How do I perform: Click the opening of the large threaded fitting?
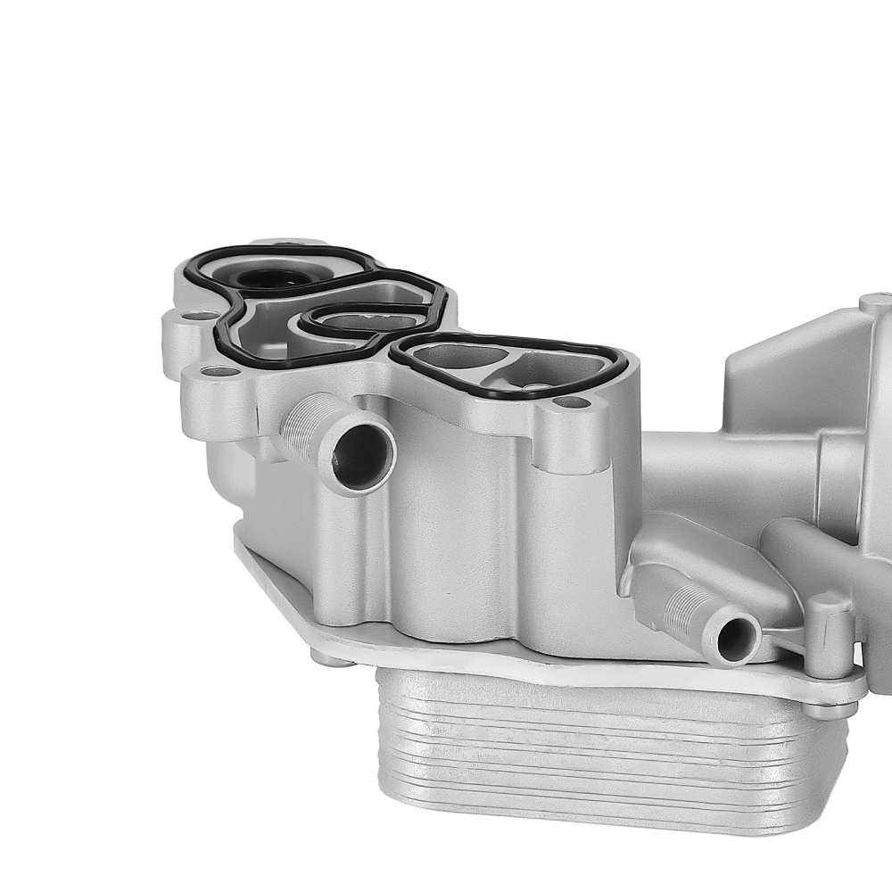point(362,457)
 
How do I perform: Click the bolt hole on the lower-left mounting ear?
point(213,371)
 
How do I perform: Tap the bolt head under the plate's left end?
point(331,659)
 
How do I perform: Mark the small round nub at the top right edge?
point(875,302)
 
